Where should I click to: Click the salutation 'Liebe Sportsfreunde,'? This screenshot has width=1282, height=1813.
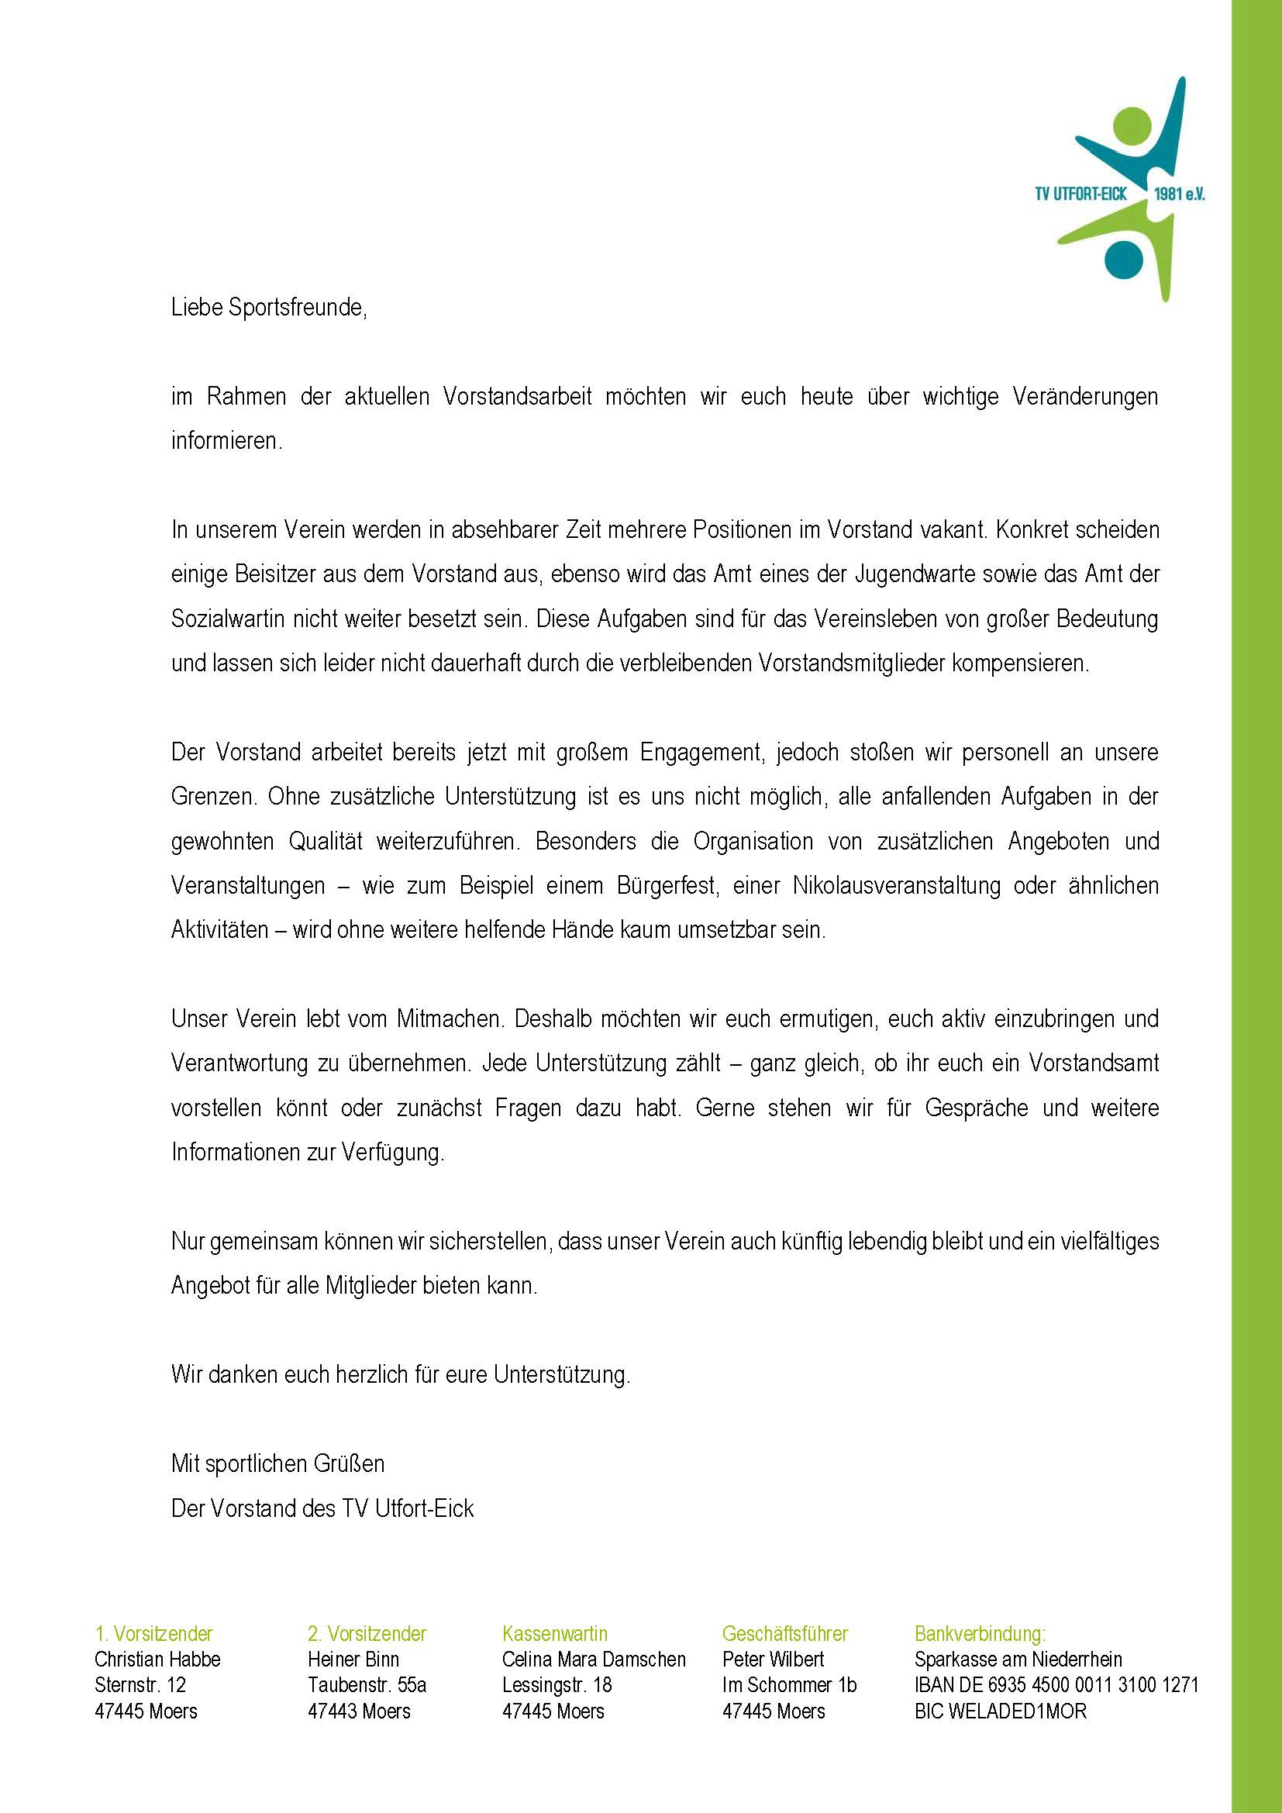tap(269, 308)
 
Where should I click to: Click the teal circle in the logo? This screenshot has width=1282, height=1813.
tap(1123, 258)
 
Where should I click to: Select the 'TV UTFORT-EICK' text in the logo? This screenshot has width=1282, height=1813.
tap(1080, 195)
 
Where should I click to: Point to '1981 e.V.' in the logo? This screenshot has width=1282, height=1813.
tap(1180, 195)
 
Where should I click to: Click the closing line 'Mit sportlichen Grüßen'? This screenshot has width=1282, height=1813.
tap(278, 1463)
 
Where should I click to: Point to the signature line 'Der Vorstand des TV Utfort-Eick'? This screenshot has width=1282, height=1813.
tap(322, 1508)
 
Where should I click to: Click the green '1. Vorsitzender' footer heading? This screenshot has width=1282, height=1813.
tap(154, 1633)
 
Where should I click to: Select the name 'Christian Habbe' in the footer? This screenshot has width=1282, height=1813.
tap(157, 1659)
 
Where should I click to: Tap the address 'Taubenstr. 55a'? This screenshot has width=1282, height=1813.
tap(367, 1685)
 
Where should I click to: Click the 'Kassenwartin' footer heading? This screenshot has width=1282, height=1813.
tap(555, 1633)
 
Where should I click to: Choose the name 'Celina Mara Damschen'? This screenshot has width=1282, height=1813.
tap(594, 1659)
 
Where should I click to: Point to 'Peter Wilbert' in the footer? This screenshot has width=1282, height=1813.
tap(773, 1659)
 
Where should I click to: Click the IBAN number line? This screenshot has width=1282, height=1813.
tap(1056, 1685)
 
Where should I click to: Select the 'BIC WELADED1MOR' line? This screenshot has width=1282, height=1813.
tap(1000, 1711)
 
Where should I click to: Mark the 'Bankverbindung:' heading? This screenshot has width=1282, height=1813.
tap(980, 1633)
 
